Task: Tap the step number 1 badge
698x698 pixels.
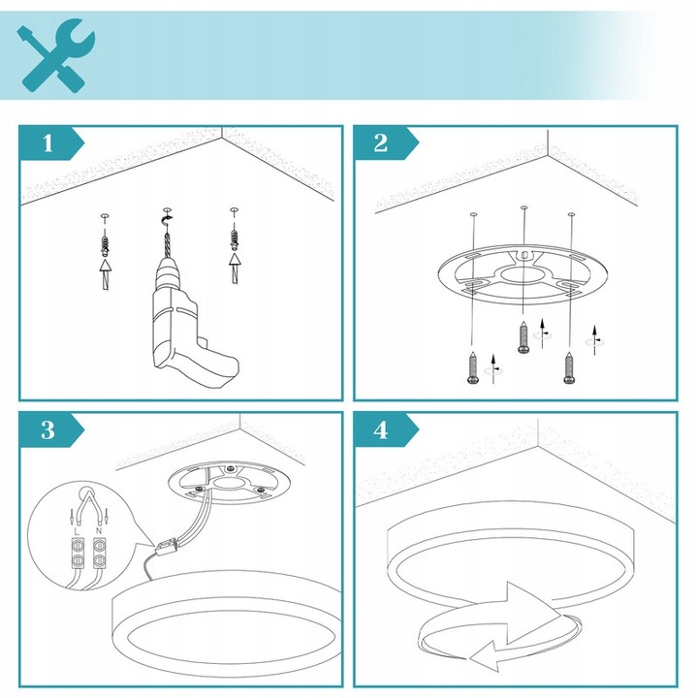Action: click(x=47, y=144)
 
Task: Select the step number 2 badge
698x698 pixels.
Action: click(x=380, y=144)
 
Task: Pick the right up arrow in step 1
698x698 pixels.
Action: click(x=233, y=267)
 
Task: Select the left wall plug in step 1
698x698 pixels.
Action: click(x=106, y=237)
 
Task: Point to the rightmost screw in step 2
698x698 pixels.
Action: click(x=569, y=368)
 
